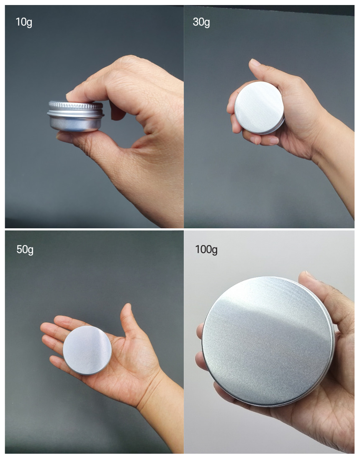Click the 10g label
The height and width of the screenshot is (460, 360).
tap(24, 22)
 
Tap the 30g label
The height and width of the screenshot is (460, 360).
tap(201, 22)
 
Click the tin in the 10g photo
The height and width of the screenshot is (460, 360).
tap(76, 116)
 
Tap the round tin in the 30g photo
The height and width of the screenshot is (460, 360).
tap(259, 107)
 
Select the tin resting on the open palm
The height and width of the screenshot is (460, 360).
tap(87, 350)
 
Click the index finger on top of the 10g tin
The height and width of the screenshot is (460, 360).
tap(88, 91)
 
